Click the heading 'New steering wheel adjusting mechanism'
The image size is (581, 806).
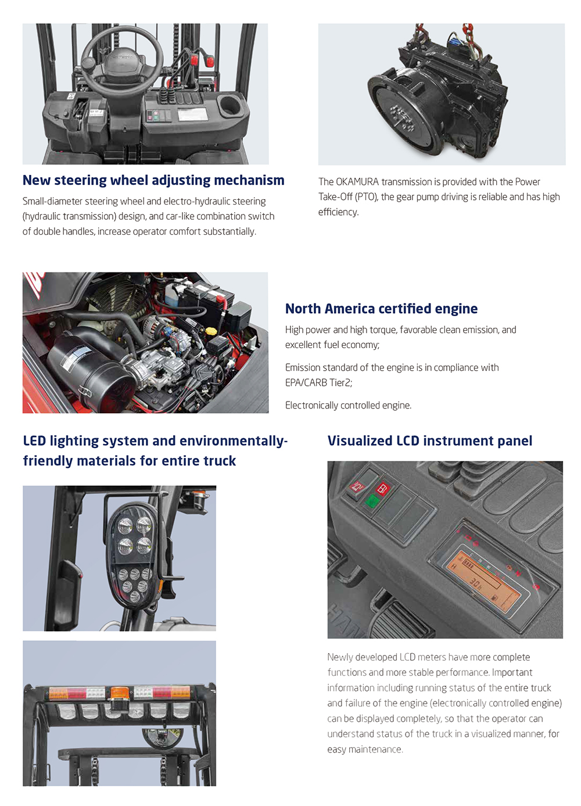pyautogui.click(x=153, y=180)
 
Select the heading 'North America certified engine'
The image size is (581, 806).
pyautogui.click(x=381, y=309)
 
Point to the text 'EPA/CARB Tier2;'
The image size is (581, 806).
pyautogui.click(x=319, y=382)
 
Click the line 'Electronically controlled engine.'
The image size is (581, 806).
pyautogui.click(x=348, y=405)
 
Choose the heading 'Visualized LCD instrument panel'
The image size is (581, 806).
pyautogui.click(x=429, y=441)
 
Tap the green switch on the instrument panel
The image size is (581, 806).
pyautogui.click(x=371, y=500)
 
